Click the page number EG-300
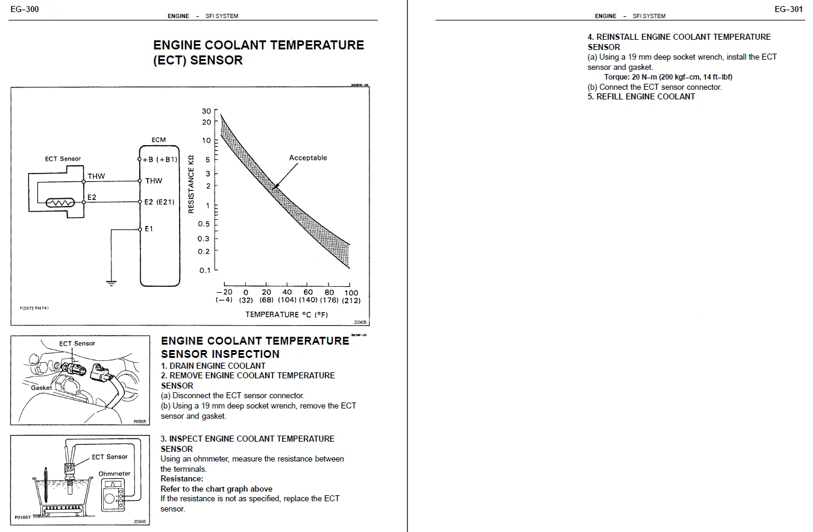coord(25,9)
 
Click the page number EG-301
coord(788,9)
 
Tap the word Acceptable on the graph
coord(307,158)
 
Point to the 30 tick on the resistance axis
coord(207,111)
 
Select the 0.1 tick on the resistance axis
coord(205,271)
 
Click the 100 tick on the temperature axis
coord(351,292)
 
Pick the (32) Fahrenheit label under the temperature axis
coord(245,300)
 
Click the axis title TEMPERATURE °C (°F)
coord(286,315)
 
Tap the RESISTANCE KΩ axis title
coord(191,182)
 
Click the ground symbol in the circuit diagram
coord(111,282)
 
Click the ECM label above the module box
coord(159,140)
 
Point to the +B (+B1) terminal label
coord(160,160)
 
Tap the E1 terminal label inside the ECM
coord(149,229)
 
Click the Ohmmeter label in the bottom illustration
coord(115,474)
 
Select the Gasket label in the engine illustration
coord(42,388)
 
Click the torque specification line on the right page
coord(668,77)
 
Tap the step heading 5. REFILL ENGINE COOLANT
coord(641,96)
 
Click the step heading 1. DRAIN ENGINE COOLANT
coord(213,366)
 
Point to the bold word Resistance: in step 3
coord(182,479)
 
